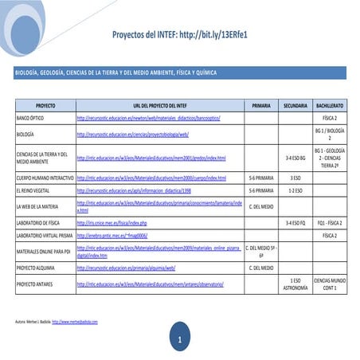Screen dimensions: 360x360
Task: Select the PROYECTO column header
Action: click(x=45, y=105)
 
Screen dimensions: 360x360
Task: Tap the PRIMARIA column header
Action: click(x=261, y=105)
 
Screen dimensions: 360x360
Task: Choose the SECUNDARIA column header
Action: click(x=295, y=105)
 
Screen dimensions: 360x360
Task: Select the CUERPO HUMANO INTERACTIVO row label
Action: click(x=45, y=178)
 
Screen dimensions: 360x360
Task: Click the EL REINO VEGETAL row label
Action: click(x=33, y=191)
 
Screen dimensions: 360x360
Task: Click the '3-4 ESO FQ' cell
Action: click(x=295, y=223)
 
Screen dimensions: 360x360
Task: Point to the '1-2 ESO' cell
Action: click(x=295, y=191)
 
